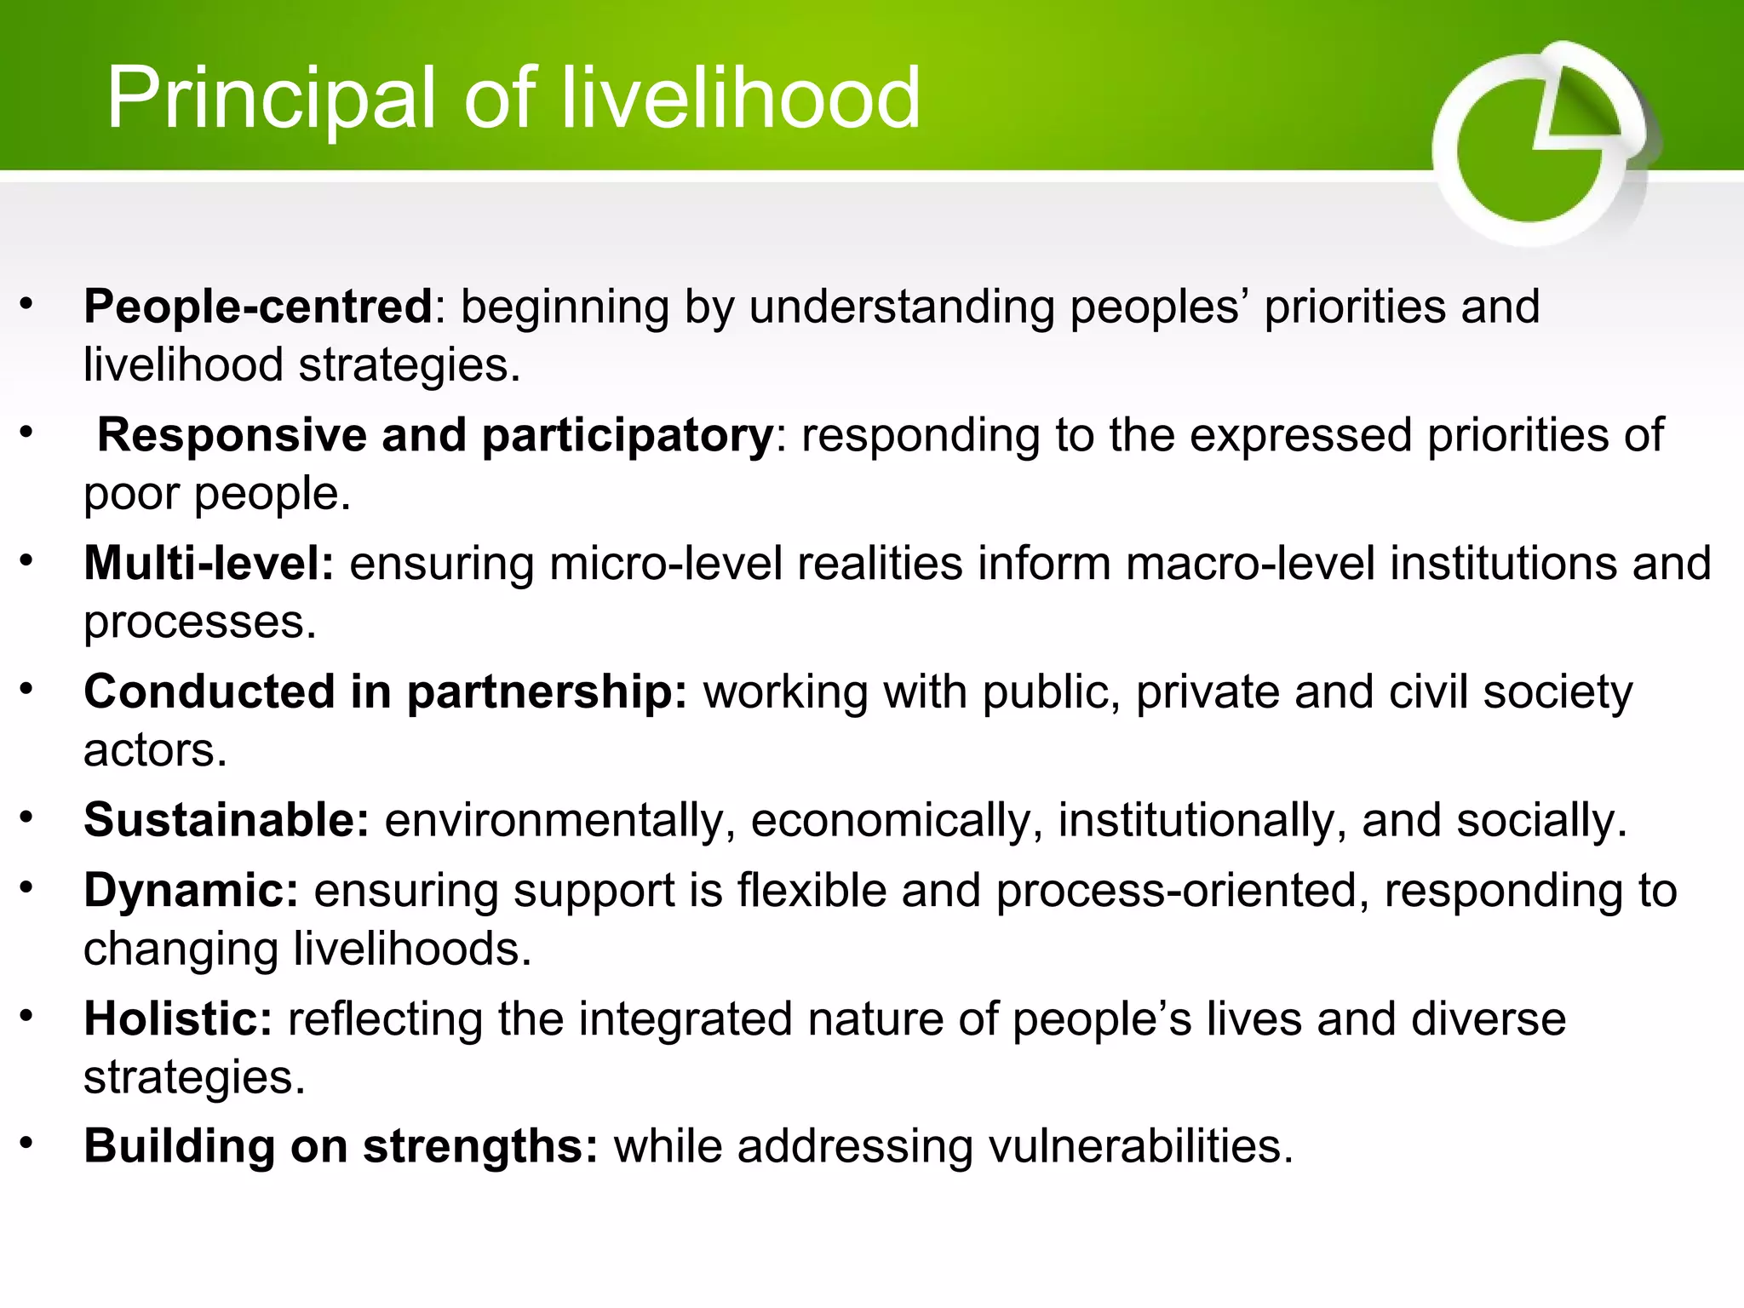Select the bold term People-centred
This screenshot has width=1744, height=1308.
(258, 307)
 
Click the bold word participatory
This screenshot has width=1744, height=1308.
(628, 436)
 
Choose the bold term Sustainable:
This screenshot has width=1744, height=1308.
(227, 820)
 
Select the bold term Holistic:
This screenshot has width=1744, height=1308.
(178, 1018)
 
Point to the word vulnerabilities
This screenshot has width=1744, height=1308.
(1140, 1146)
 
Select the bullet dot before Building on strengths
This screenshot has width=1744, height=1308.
(27, 1143)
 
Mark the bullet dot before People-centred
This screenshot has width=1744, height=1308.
(27, 303)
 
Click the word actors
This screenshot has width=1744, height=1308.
(155, 751)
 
